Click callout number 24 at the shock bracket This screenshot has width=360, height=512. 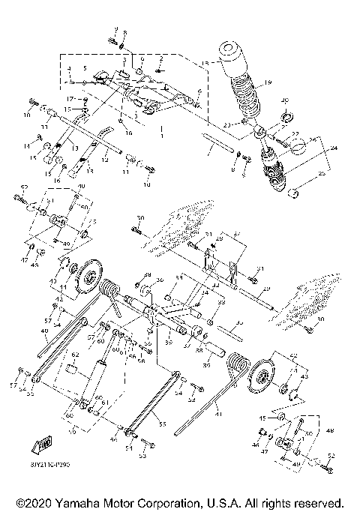(322, 149)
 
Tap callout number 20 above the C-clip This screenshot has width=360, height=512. (284, 101)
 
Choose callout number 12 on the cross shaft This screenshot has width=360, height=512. (105, 159)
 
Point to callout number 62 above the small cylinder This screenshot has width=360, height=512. (75, 354)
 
